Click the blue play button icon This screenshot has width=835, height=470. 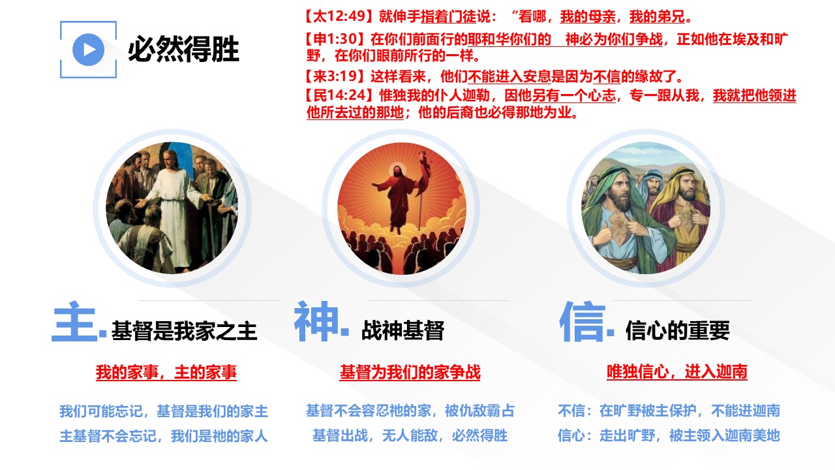coord(88,50)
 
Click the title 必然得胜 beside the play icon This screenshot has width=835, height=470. coord(183,49)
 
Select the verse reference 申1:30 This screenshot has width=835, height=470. coord(335,39)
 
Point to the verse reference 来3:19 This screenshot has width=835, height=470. coord(335,76)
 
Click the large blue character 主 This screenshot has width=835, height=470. coord(74,322)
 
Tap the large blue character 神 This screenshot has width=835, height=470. coord(316,322)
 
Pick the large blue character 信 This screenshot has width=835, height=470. coord(583,322)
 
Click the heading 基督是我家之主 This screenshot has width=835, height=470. coord(184,331)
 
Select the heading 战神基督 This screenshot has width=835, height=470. coord(402,330)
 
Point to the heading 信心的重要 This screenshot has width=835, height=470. coord(677,330)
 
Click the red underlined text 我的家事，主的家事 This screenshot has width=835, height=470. coord(166,372)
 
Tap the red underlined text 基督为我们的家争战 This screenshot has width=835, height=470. coord(410,372)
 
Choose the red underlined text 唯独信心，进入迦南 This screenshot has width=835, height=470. coord(677,371)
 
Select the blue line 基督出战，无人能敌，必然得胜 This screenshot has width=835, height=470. coord(410,435)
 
